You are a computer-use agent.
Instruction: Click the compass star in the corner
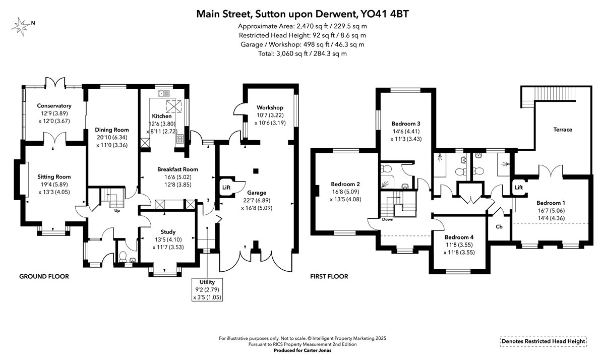tap(21, 26)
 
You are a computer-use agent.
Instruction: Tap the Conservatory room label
tap(54, 105)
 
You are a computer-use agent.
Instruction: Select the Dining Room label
tap(112, 130)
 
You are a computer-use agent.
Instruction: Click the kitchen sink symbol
tap(164, 93)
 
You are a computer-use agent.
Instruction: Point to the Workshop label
tap(270, 107)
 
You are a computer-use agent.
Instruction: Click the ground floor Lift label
tap(226, 187)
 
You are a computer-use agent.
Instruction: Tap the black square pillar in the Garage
tap(256, 171)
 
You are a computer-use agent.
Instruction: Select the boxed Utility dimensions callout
tap(207, 289)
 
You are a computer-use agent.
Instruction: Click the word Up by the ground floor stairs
tap(117, 211)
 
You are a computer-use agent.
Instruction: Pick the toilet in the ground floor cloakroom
tap(123, 257)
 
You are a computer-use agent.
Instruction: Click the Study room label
tap(168, 232)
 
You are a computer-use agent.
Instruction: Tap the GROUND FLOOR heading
tap(44, 276)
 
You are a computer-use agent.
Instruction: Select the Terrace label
tap(563, 130)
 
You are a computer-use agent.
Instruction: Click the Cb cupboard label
tap(499, 226)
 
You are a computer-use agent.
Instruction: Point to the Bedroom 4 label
tap(459, 237)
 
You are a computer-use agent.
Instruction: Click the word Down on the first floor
tap(388, 219)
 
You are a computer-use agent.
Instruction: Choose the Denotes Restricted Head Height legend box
tap(543, 341)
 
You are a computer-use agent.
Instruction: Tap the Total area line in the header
tap(302, 53)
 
